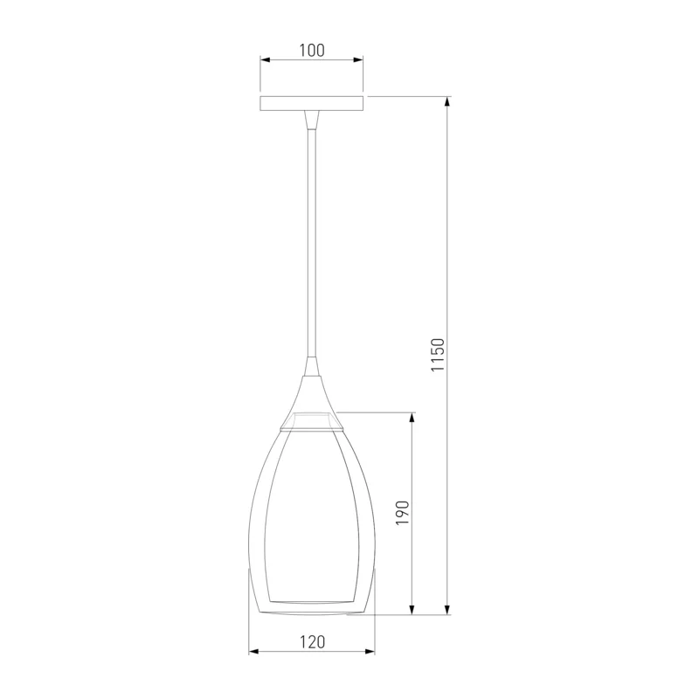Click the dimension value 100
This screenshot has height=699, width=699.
312,51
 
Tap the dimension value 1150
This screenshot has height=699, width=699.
438,355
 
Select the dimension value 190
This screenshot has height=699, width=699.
402,512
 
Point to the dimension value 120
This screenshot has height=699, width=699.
312,642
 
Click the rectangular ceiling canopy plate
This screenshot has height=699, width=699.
312,103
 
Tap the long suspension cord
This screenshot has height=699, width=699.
312,243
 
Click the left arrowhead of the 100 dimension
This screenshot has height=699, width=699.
266,59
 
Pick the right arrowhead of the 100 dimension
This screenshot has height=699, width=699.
358,59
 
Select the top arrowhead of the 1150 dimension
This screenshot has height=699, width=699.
447,102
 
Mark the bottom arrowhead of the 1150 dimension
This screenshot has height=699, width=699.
447,609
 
